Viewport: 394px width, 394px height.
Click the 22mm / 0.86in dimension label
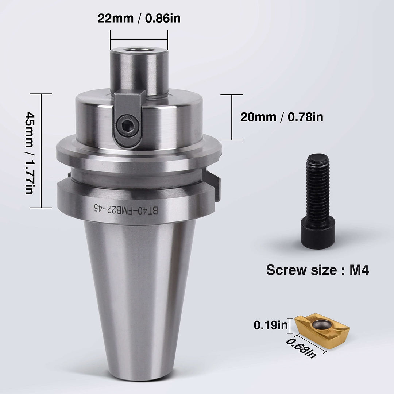pos(139,18)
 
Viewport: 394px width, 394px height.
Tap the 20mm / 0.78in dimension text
pos(282,117)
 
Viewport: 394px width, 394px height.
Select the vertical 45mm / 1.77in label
pos(29,151)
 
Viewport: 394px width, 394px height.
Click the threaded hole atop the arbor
pos(139,50)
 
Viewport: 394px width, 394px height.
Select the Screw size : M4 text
pos(317,270)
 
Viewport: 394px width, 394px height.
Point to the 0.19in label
pos(271,325)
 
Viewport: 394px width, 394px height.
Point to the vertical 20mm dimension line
pos(232,117)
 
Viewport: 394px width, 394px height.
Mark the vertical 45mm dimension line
pos(41,151)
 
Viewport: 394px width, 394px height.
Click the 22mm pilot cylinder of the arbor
pos(139,71)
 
